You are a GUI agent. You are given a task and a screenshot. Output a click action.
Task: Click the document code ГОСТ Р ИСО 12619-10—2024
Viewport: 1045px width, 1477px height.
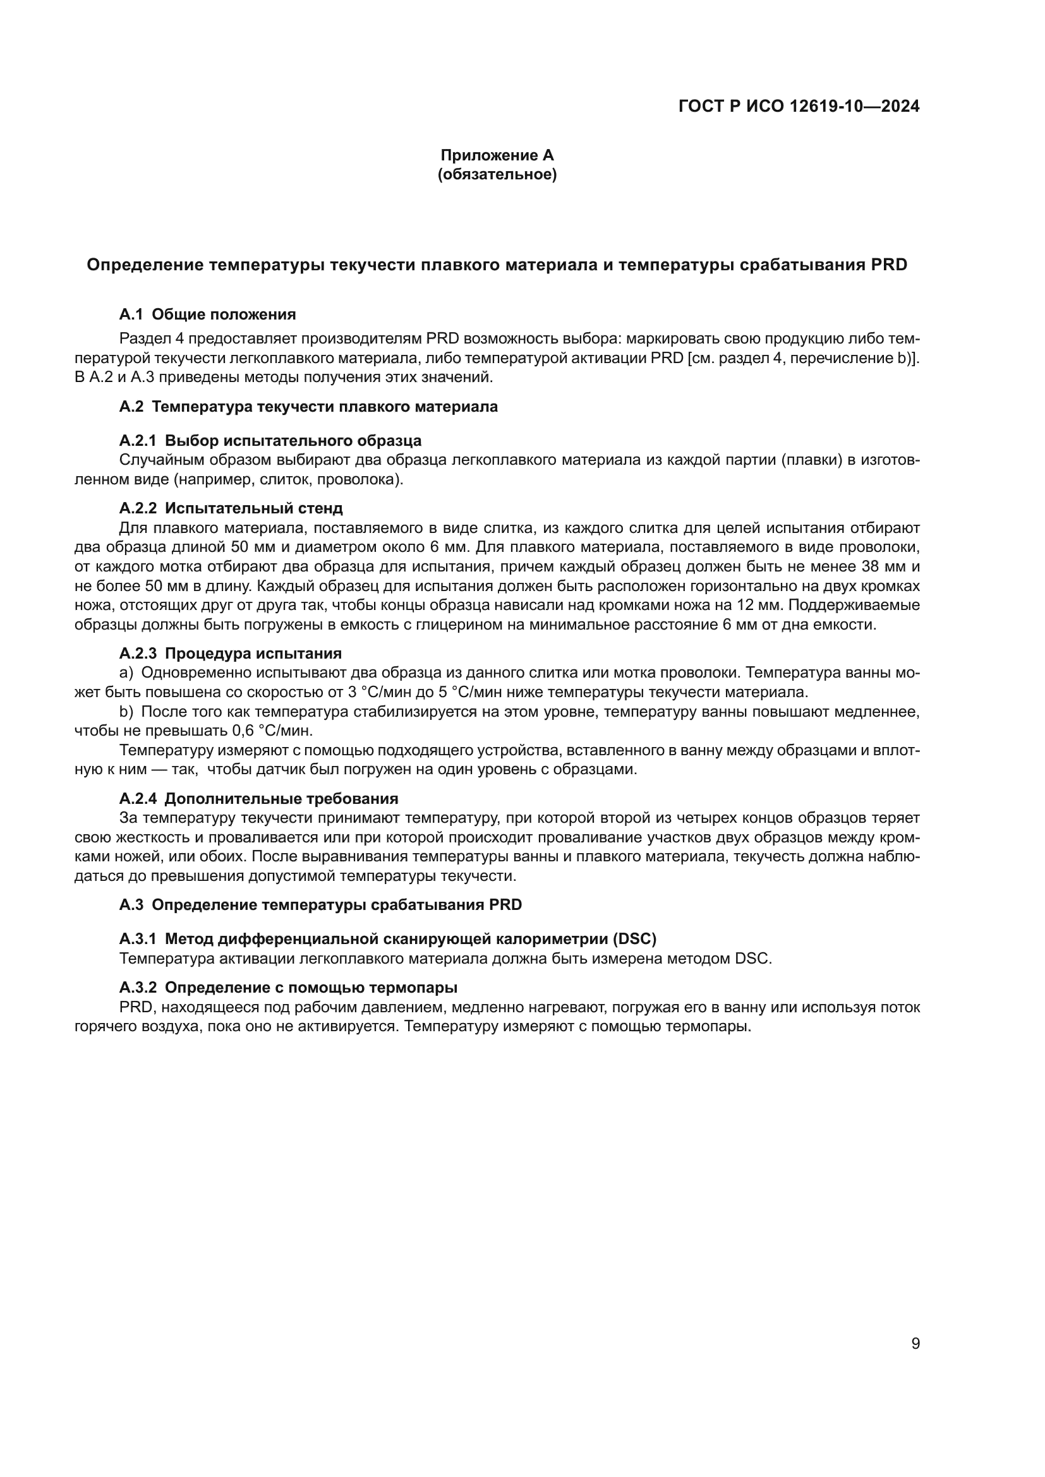point(799,106)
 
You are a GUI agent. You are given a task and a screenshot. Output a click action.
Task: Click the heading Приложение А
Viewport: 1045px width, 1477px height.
point(497,155)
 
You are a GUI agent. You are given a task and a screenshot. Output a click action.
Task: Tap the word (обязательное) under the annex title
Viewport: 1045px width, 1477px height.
point(497,174)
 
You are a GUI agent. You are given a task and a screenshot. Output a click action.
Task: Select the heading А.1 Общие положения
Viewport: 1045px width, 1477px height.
point(207,314)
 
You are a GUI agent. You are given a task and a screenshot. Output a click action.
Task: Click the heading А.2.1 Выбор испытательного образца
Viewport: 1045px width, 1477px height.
point(270,441)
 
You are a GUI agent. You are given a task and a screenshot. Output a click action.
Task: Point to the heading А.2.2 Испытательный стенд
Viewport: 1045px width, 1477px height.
point(231,508)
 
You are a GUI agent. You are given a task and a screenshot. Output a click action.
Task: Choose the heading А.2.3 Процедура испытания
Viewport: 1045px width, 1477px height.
point(230,654)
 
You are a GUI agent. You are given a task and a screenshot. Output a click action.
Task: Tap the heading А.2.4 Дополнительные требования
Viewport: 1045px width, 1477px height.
point(258,799)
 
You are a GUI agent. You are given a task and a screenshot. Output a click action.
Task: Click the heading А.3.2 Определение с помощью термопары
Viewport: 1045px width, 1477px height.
point(288,988)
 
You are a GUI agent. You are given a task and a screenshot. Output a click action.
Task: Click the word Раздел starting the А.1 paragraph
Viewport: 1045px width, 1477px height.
point(141,338)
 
